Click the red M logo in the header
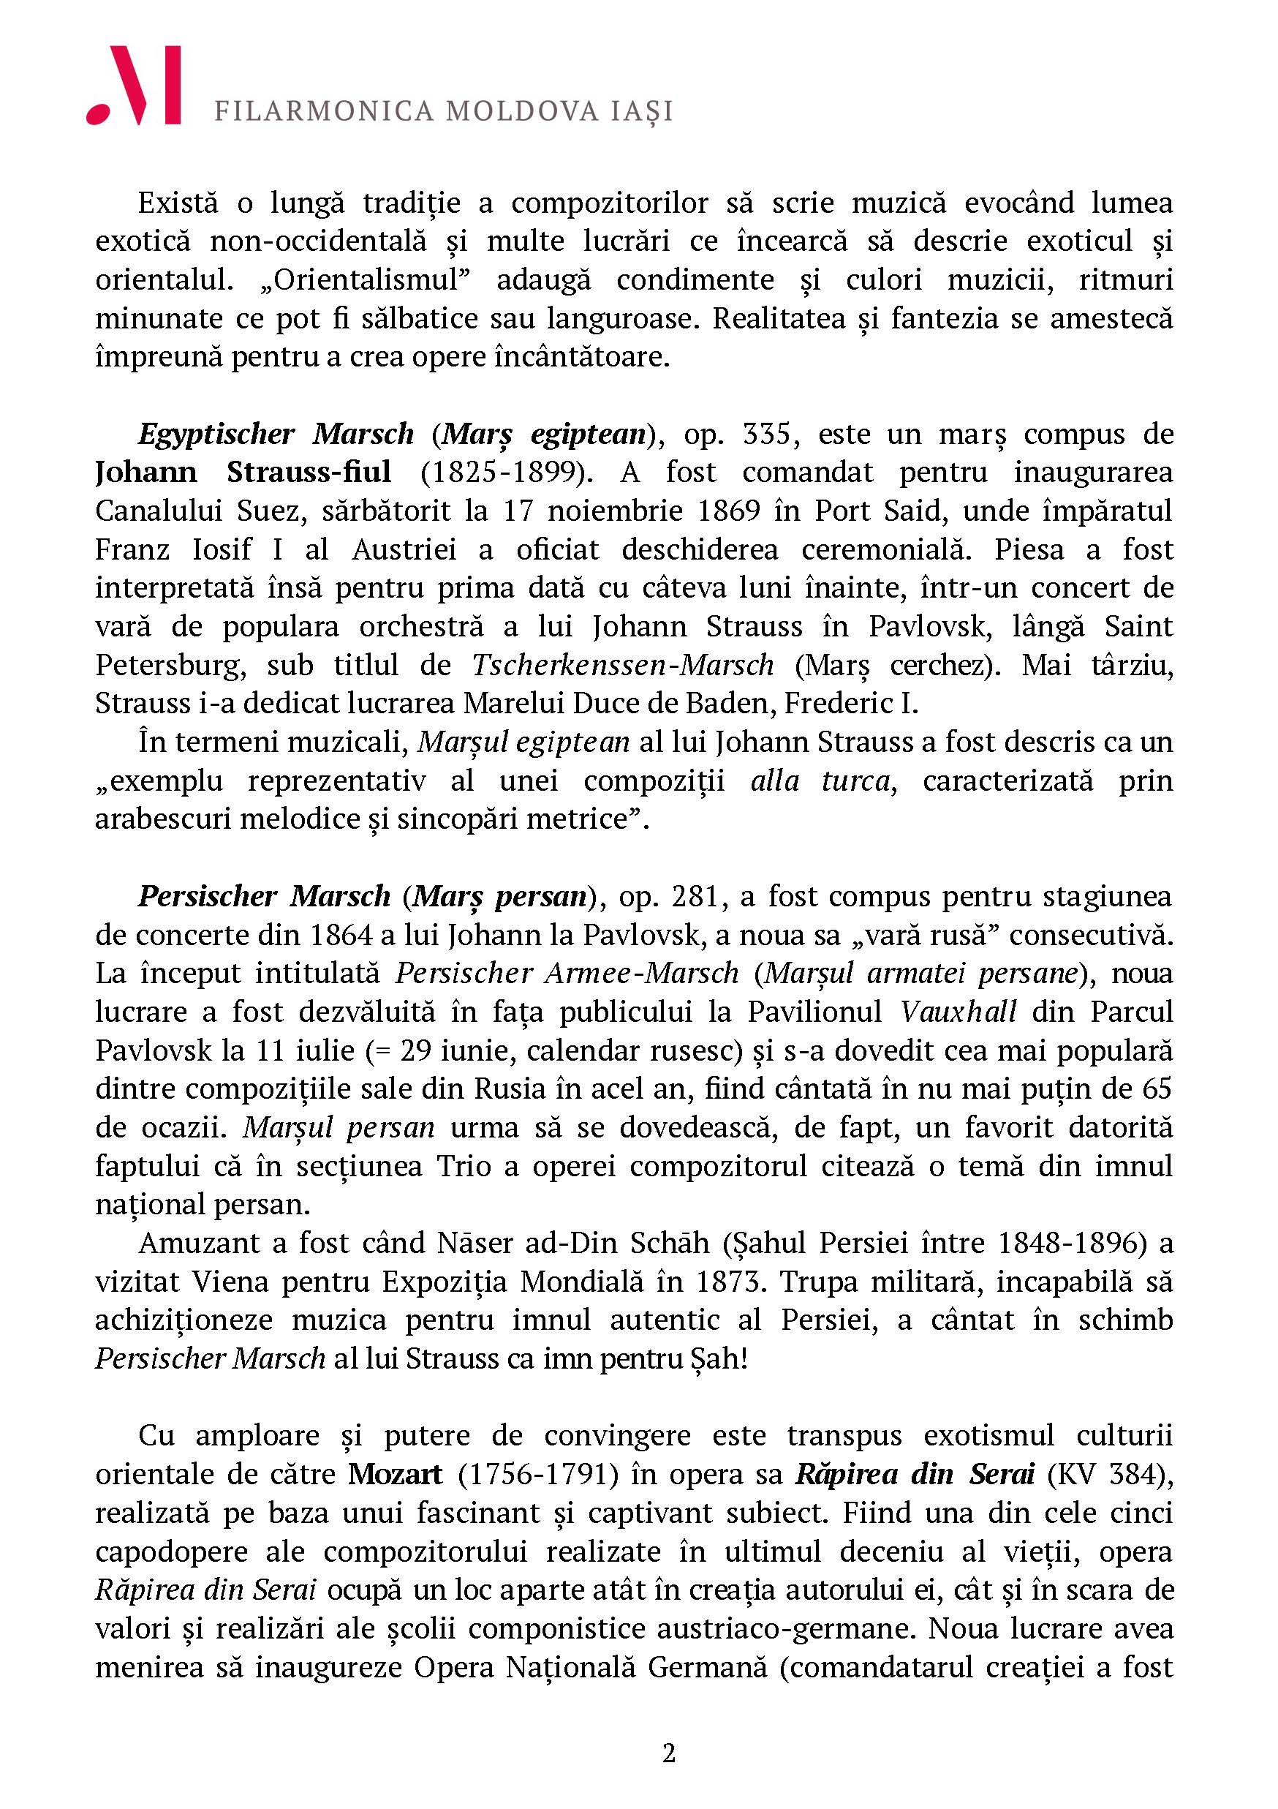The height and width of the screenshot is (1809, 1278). pyautogui.click(x=135, y=85)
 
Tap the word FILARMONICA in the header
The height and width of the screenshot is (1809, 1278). pyautogui.click(x=324, y=111)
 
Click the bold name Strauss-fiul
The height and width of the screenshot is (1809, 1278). pyautogui.click(x=309, y=473)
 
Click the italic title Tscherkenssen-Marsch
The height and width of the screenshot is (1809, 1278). pyautogui.click(x=623, y=666)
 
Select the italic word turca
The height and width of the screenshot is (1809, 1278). pyautogui.click(x=858, y=781)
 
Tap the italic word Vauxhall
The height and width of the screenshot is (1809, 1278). pyautogui.click(x=958, y=1012)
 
